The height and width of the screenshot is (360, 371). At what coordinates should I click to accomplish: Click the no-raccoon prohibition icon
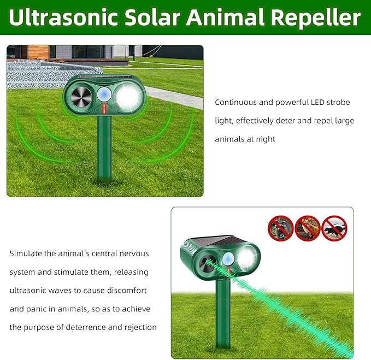pos(280,228)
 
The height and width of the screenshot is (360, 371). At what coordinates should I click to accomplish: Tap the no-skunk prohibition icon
pos(334,228)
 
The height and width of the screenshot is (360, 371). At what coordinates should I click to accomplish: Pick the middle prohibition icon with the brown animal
pos(307,228)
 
